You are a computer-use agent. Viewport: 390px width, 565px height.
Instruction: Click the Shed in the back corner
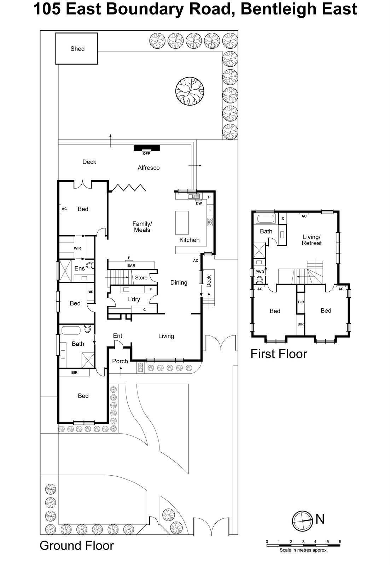pos(77,49)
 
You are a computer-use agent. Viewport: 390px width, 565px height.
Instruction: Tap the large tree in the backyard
pos(190,91)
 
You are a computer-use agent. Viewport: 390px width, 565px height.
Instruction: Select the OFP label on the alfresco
pos(146,154)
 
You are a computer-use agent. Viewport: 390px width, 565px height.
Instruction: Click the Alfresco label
pos(149,168)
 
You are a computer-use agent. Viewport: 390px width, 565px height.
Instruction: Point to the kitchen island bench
pos(182,222)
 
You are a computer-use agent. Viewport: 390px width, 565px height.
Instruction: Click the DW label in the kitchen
pos(199,203)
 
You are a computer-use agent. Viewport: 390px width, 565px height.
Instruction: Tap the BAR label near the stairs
pos(131,266)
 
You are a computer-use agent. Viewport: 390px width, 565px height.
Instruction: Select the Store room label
pos(141,278)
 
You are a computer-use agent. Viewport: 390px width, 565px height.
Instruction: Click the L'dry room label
pos(134,299)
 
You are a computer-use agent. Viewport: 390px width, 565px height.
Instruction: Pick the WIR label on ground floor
pos(77,248)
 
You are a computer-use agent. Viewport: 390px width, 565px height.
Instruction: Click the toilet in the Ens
pos(90,265)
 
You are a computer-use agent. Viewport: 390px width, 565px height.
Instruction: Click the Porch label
pos(120,361)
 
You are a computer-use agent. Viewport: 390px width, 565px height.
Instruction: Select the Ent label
pos(117,336)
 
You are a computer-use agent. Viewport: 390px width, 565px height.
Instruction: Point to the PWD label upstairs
pos(260,272)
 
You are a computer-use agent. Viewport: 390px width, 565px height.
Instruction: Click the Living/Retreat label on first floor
pos(312,240)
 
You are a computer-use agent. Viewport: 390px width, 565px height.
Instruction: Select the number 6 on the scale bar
pos(340,542)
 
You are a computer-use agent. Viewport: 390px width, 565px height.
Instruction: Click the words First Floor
pos(279,354)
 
